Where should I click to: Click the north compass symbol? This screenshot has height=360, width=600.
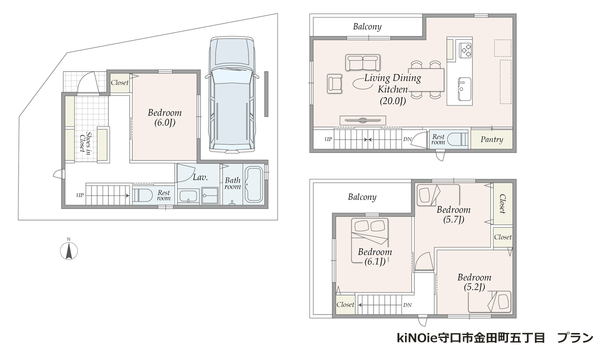coord(69,251)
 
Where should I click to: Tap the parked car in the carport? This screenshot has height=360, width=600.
coord(232,95)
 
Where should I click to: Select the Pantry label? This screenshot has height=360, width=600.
coord(492,139)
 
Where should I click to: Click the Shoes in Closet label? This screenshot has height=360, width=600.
coord(85,142)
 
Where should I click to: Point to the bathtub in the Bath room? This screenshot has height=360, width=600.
coord(253,184)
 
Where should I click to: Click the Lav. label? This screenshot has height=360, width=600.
coord(200,177)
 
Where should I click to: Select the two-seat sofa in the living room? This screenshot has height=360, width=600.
coord(362,62)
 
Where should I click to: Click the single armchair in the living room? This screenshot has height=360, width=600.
coord(334,83)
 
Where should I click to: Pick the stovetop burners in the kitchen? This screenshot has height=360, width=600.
coord(465,50)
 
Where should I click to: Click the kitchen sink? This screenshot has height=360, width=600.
coord(464,88)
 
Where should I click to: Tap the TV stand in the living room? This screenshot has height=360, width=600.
coord(362,120)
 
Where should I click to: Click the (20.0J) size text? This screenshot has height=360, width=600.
coord(392,101)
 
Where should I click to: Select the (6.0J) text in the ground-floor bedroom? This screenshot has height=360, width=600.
coord(164,122)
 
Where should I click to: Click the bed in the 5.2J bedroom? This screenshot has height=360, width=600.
coord(489,301)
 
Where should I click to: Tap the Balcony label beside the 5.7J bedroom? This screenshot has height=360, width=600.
coord(362,197)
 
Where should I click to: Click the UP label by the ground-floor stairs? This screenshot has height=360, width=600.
coord(80,195)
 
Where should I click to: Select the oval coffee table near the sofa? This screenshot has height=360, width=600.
coord(362,83)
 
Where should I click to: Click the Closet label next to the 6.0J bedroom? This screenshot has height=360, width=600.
coord(119,83)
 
